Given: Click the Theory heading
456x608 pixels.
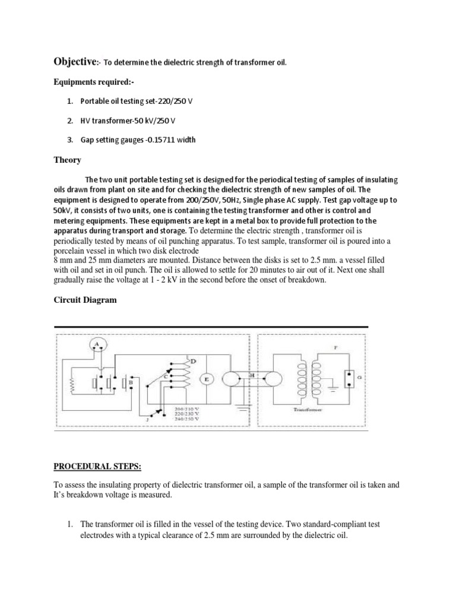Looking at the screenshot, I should (67, 160).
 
